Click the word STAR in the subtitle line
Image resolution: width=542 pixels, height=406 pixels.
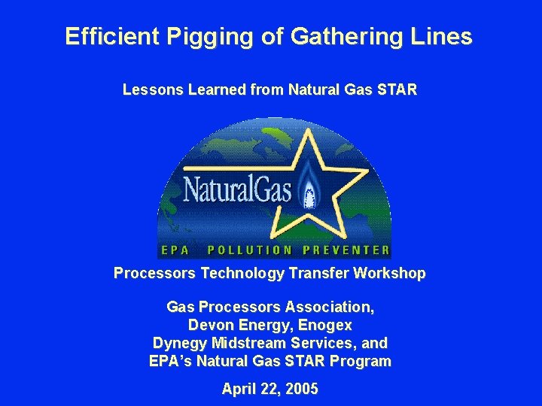397,90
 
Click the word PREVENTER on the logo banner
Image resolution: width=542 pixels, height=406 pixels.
346,250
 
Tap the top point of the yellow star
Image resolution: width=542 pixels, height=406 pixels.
306,130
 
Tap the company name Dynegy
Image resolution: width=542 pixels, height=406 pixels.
180,343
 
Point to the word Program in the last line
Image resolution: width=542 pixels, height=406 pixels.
361,361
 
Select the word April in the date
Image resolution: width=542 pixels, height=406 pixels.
239,389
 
